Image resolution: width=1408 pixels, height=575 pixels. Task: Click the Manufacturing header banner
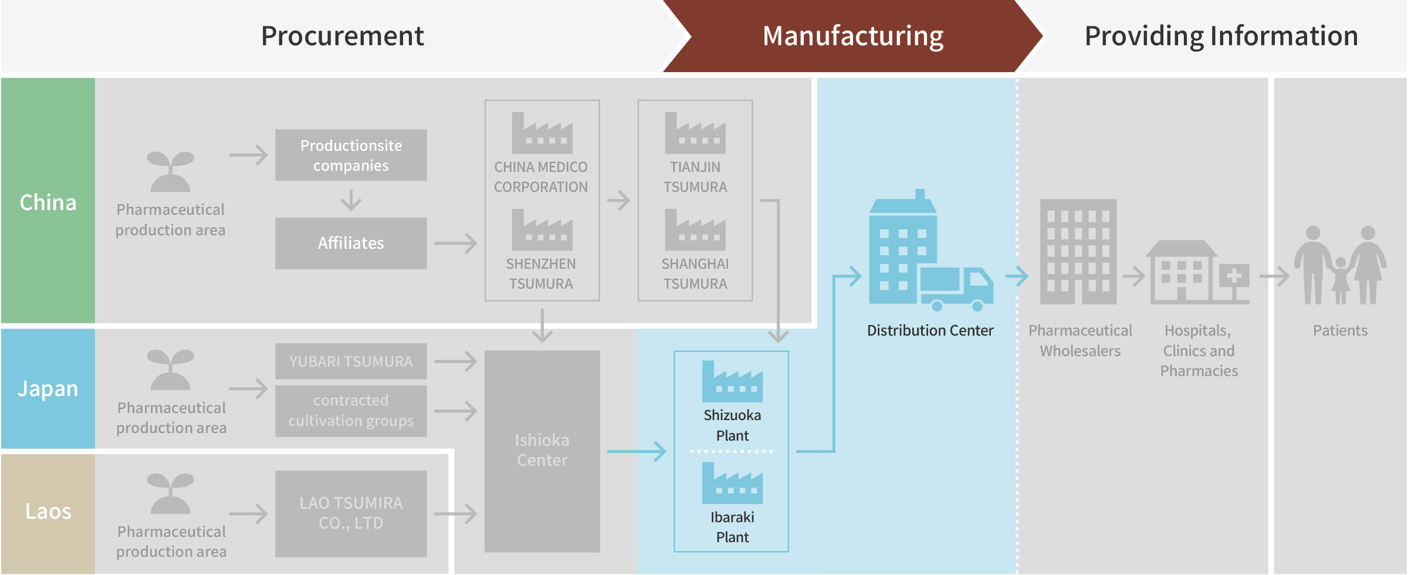click(x=853, y=36)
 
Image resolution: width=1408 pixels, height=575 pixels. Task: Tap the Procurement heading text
click(x=343, y=36)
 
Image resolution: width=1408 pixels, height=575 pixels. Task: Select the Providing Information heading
click(x=1221, y=36)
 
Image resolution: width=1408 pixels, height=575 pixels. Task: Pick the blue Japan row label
click(x=48, y=388)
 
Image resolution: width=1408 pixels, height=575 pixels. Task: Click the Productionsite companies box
click(x=351, y=155)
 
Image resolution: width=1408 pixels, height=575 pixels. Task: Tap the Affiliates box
click(x=351, y=243)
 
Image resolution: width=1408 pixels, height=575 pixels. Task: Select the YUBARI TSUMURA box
click(x=351, y=361)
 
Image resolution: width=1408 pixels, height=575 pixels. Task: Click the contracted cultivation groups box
click(x=351, y=411)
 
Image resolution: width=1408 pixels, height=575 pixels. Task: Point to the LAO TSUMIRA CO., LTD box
click(x=351, y=513)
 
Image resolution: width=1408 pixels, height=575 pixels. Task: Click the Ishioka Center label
click(x=542, y=450)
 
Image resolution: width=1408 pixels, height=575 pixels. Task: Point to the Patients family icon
click(x=1340, y=265)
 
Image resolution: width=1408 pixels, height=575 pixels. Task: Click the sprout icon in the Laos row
click(x=170, y=493)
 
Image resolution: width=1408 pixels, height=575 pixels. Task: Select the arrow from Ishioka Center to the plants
click(x=637, y=451)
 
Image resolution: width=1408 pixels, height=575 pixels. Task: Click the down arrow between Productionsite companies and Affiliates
click(x=351, y=200)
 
